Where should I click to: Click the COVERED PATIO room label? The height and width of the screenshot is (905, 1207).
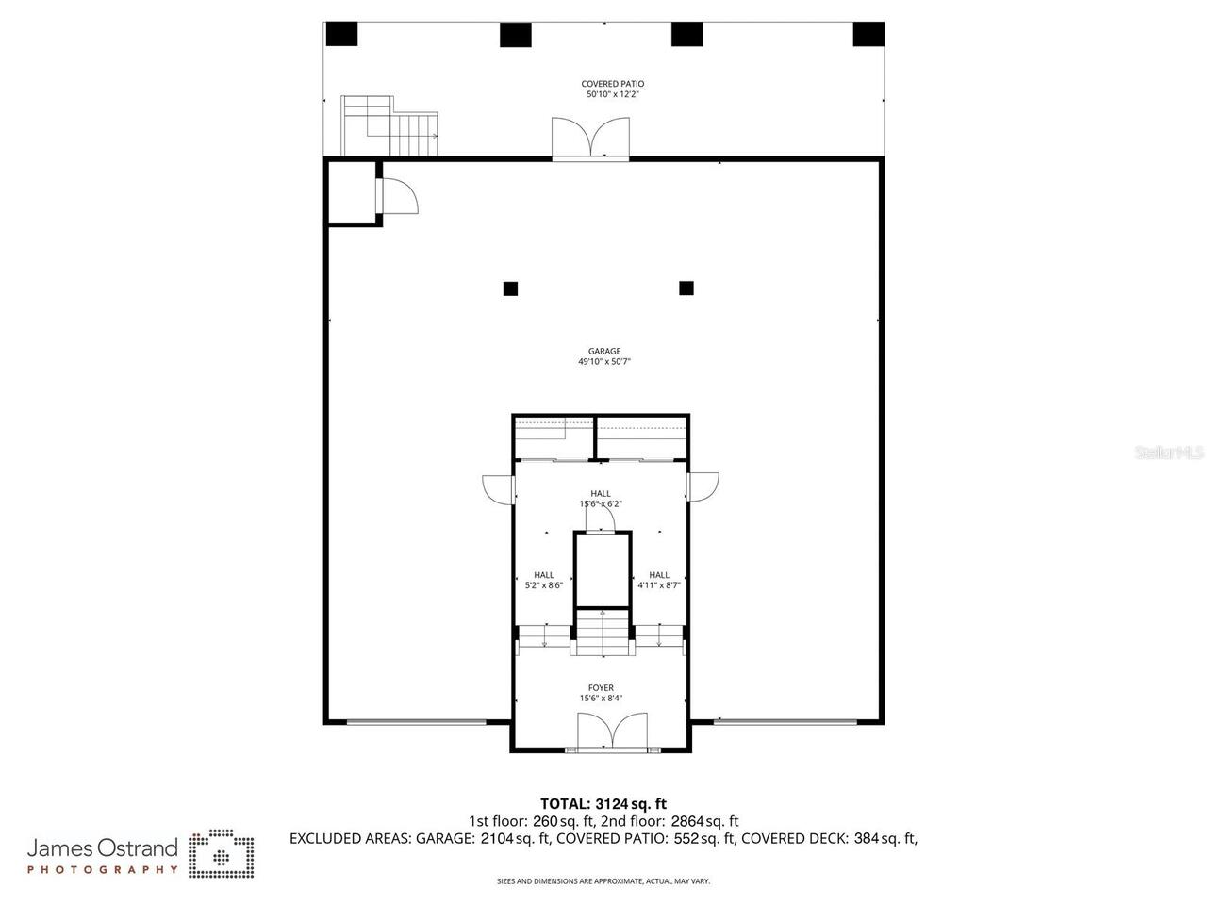(613, 84)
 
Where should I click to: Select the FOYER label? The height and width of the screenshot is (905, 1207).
(601, 688)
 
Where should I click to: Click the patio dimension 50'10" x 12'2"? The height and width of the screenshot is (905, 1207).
(613, 94)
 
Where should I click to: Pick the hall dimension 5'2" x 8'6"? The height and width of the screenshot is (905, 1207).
(544, 585)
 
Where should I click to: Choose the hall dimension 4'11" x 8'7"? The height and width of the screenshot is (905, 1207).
(659, 585)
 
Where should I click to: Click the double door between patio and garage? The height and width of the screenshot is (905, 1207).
(590, 139)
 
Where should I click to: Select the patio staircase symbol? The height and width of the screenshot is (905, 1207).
(390, 127)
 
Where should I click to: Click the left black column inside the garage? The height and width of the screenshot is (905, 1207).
(510, 288)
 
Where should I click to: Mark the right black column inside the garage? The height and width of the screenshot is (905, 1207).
(686, 288)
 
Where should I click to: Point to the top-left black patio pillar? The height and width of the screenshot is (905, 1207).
(342, 34)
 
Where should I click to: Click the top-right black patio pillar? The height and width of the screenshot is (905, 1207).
(868, 34)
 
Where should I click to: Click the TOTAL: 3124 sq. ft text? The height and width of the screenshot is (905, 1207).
(603, 804)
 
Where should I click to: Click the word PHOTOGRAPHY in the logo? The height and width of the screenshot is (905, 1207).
(102, 869)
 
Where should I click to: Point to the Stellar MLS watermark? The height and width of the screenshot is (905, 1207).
(1168, 452)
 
